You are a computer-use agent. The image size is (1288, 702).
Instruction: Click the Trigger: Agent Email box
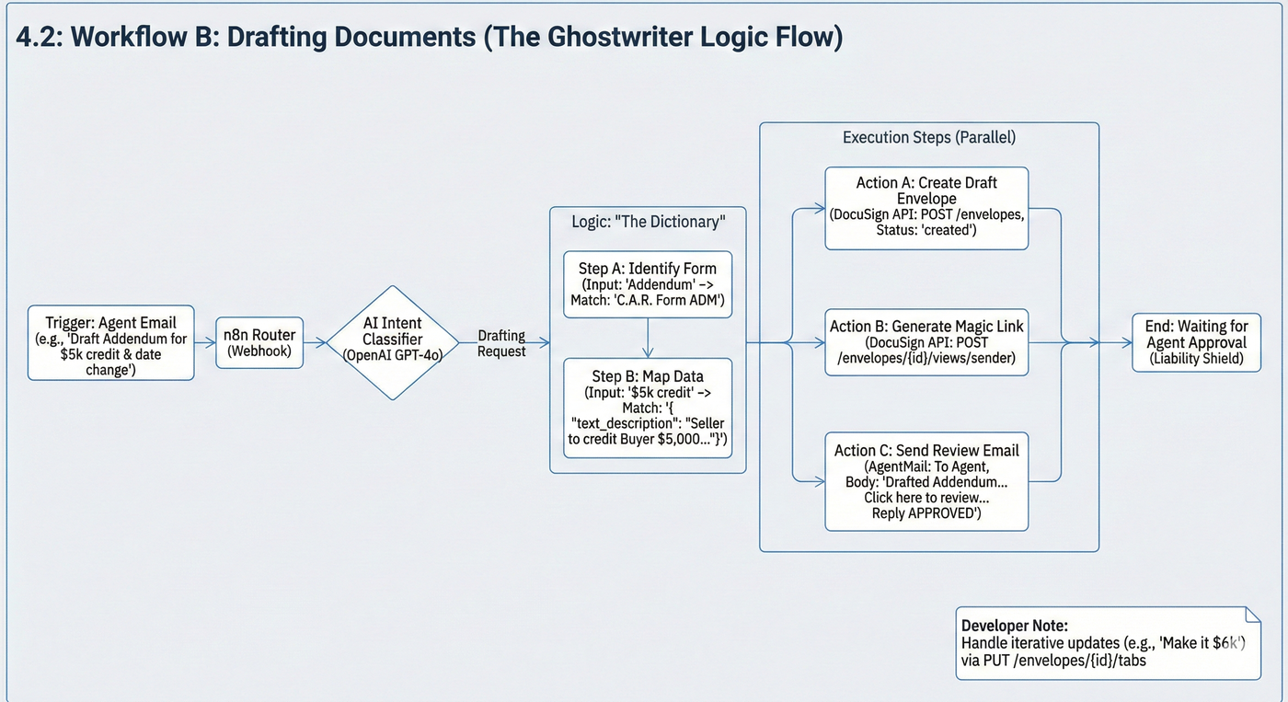click(x=110, y=342)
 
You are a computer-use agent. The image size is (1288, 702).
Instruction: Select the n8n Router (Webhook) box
click(x=259, y=342)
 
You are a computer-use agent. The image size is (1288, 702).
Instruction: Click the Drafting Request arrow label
click(x=501, y=343)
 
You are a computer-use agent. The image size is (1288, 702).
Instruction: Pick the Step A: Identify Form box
click(x=648, y=284)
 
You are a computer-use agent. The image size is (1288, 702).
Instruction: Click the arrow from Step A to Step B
click(x=648, y=338)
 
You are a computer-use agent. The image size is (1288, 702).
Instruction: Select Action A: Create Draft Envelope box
click(x=926, y=208)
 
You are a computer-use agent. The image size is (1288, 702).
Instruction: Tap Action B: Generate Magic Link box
click(x=926, y=342)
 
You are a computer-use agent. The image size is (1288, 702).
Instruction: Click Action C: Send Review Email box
click(x=926, y=481)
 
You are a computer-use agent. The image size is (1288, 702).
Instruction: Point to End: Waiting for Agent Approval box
click(x=1196, y=342)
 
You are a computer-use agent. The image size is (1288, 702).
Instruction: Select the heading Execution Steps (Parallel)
click(x=929, y=138)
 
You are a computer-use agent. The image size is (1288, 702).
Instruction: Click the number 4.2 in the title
click(x=37, y=39)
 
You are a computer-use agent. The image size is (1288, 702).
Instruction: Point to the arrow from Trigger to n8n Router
click(x=205, y=342)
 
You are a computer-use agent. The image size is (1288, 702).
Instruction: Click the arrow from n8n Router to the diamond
click(x=315, y=342)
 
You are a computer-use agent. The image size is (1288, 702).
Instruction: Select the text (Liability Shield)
click(x=1196, y=359)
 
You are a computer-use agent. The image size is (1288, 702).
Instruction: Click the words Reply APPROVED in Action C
click(x=926, y=513)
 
